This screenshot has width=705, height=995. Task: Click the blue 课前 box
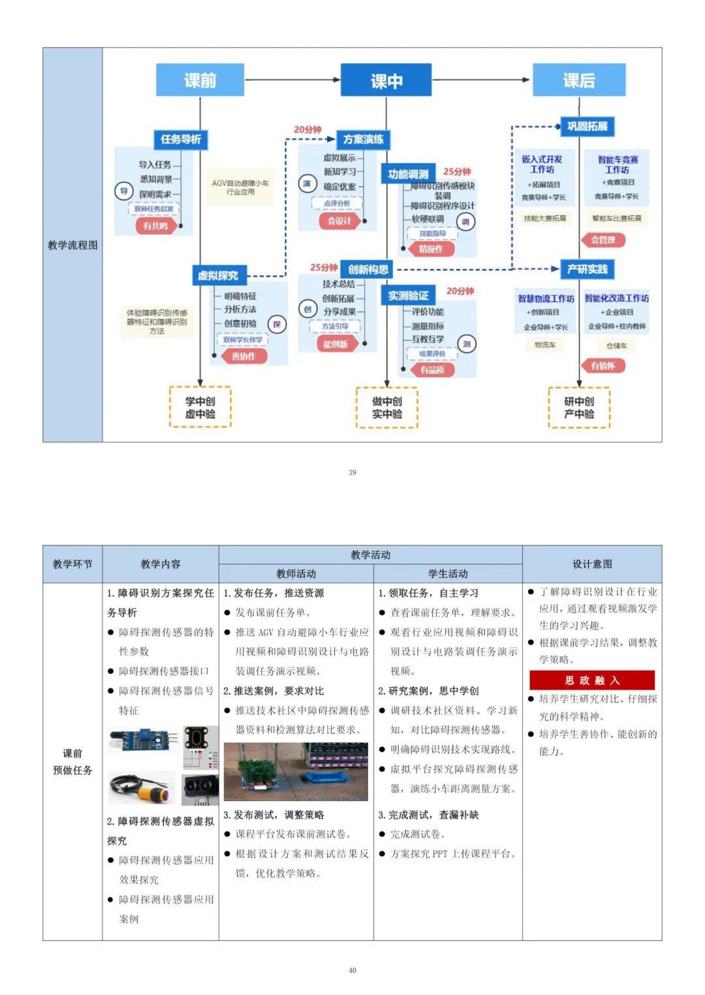(200, 80)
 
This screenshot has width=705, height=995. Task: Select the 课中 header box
(386, 81)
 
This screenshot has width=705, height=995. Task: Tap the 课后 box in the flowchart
(579, 80)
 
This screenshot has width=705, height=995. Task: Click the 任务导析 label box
(181, 139)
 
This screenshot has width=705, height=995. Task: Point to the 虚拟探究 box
(219, 275)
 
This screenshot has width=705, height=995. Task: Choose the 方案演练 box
(363, 139)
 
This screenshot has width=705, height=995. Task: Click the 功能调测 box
(408, 174)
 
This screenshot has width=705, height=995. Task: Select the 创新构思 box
(368, 269)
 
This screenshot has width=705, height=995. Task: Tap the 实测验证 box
(408, 296)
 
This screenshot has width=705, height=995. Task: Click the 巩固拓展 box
(587, 126)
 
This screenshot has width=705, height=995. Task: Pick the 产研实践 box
(587, 269)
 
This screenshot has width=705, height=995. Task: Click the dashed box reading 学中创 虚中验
(200, 407)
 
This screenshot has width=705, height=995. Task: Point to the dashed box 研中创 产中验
(579, 407)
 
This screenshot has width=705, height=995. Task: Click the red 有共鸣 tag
(155, 226)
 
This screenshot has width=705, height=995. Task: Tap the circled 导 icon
(123, 191)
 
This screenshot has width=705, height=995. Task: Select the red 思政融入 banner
(591, 680)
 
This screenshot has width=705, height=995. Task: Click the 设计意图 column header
(591, 564)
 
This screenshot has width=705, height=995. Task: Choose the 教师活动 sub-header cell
(296, 574)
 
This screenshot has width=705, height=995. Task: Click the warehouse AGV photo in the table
(296, 771)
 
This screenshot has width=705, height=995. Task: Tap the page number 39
(352, 472)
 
